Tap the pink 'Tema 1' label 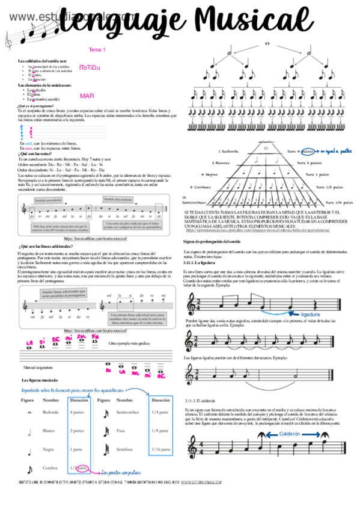97,49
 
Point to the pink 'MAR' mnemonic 87,96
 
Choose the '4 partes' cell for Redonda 77,413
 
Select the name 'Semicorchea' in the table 129,413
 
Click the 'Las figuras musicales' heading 43,381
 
